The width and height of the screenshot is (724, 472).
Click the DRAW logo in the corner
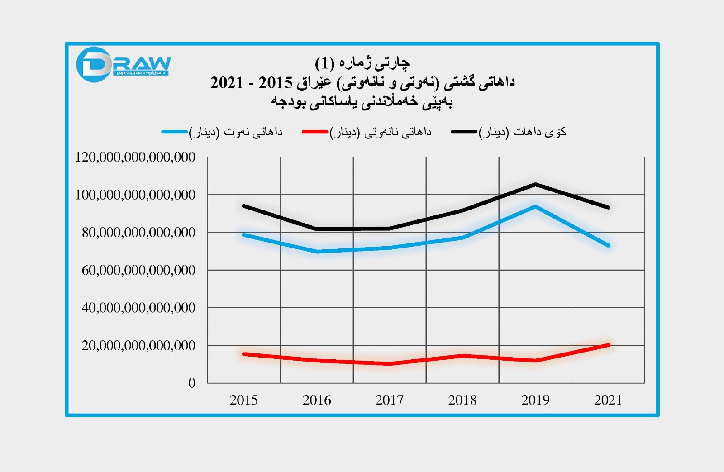[123, 65]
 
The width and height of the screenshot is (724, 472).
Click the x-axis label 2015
[243, 400]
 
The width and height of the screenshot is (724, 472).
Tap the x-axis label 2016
[317, 400]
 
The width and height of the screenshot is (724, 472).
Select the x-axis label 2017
[389, 400]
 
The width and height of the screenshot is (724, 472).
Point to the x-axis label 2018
[462, 400]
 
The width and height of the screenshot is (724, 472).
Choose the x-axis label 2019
[535, 400]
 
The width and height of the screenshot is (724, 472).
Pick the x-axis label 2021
[608, 400]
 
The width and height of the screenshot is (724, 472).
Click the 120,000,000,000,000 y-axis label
[135, 157]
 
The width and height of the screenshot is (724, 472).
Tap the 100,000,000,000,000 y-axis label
[135, 195]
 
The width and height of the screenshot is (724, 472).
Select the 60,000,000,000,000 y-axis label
[138, 270]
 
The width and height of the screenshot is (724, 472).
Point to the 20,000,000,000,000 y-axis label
[138, 345]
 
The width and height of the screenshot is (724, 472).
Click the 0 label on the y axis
[192, 383]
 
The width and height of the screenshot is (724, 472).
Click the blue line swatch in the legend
[175, 132]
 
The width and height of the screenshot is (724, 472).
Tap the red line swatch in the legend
[315, 132]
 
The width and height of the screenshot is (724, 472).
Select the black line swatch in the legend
[464, 132]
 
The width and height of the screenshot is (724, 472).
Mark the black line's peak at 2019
[535, 184]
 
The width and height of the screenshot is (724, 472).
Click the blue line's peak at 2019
[535, 207]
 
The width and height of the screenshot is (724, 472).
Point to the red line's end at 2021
[608, 345]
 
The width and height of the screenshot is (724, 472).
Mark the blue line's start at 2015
[244, 235]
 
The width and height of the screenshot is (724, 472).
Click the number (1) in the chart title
[324, 63]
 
